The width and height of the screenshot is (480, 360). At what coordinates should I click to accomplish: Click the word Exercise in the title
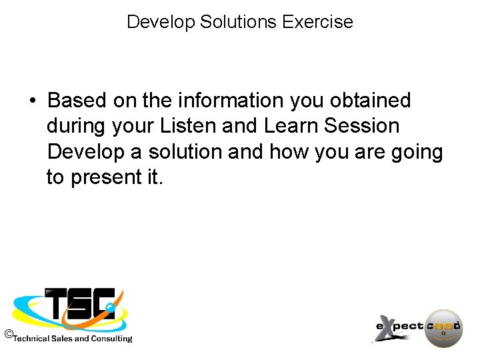[x=317, y=22]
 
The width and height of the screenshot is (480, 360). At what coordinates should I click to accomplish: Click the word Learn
[x=293, y=126]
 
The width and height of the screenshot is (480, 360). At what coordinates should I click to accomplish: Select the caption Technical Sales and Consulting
[x=73, y=339]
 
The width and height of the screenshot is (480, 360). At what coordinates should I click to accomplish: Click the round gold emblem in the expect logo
[x=443, y=328]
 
